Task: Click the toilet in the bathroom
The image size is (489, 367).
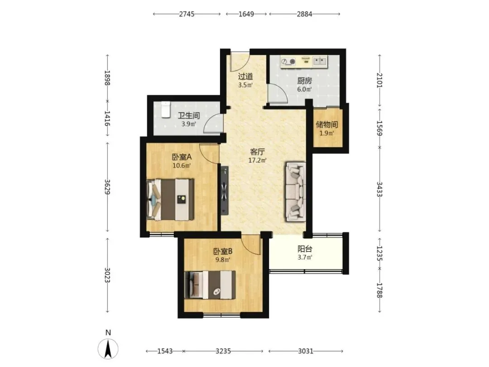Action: (x=165, y=110)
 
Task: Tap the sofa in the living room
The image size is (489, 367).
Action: (x=295, y=192)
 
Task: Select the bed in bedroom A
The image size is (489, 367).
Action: (x=170, y=199)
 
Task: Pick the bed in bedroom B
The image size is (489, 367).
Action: (x=210, y=285)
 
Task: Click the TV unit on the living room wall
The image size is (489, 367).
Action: (x=225, y=190)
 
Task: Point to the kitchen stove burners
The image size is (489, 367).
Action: (x=288, y=62)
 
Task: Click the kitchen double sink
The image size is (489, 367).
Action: (x=320, y=61)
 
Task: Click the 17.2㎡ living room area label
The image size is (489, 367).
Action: (x=257, y=160)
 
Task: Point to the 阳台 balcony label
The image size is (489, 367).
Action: (x=305, y=249)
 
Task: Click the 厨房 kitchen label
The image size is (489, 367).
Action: (x=304, y=81)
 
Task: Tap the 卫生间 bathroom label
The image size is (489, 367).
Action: (x=189, y=116)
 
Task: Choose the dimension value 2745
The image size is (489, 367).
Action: (x=187, y=14)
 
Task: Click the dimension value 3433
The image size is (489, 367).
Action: (x=379, y=189)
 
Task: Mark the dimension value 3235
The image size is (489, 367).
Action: (x=223, y=351)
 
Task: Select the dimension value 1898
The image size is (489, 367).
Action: (x=107, y=78)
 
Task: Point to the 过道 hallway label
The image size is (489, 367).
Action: (x=245, y=76)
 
